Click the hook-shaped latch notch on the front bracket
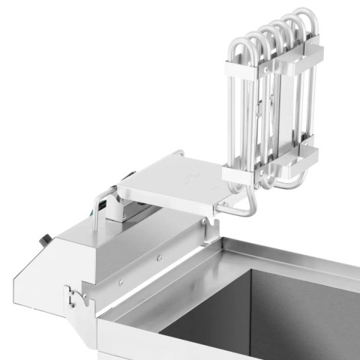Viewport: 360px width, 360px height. (x=72, y=298)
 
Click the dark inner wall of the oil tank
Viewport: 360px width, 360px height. (x=300, y=300)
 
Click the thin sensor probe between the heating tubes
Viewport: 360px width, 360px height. (x=259, y=112)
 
